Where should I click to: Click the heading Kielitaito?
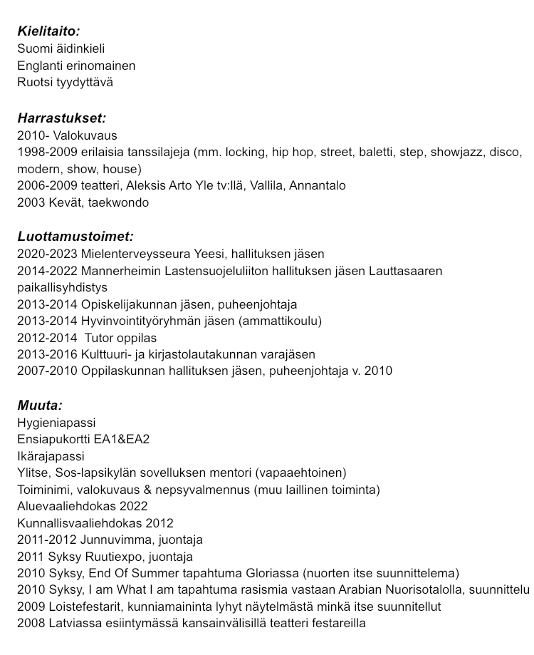(48, 31)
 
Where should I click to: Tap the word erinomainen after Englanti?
(101, 66)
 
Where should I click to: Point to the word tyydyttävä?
(85, 82)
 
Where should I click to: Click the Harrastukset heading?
(61, 118)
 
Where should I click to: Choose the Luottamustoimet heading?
(75, 237)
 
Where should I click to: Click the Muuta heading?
(40, 406)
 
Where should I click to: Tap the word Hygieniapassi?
(56, 423)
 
